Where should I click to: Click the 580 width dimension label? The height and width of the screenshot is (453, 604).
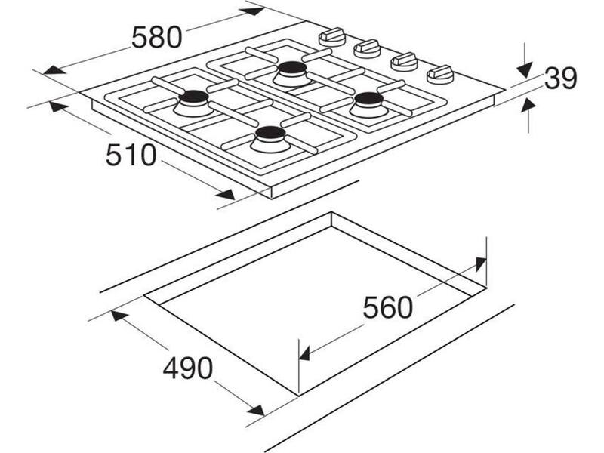click(156, 37)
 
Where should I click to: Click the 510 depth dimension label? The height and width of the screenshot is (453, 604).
click(131, 155)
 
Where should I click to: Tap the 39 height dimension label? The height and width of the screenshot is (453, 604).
click(560, 79)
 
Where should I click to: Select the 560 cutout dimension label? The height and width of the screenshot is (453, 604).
click(388, 307)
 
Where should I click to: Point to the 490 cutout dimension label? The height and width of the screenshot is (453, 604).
click(187, 368)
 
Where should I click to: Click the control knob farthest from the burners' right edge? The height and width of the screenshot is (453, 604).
click(331, 36)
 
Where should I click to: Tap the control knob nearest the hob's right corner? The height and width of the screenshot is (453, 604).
click(440, 75)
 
